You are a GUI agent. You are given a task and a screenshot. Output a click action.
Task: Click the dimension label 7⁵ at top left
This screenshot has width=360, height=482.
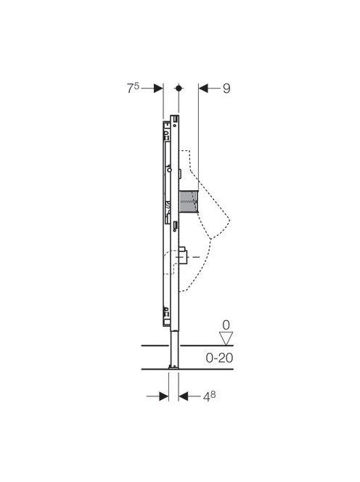133,89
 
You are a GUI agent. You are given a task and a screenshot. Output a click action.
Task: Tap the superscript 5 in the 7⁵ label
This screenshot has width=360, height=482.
136,86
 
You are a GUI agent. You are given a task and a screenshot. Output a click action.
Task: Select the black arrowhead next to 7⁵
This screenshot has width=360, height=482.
158,89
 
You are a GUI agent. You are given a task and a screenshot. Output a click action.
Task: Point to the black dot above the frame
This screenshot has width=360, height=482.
179,89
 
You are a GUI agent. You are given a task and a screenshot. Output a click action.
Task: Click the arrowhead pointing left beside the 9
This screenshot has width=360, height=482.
203,89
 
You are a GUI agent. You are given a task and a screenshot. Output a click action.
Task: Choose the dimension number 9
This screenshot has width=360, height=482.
226,89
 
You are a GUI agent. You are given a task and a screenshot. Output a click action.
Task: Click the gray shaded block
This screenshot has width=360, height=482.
189,201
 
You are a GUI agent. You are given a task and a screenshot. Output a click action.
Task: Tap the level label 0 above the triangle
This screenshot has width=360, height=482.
226,325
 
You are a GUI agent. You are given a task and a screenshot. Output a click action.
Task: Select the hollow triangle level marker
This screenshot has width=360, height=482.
226,338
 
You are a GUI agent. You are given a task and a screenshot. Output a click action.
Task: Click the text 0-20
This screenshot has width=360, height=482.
219,358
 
